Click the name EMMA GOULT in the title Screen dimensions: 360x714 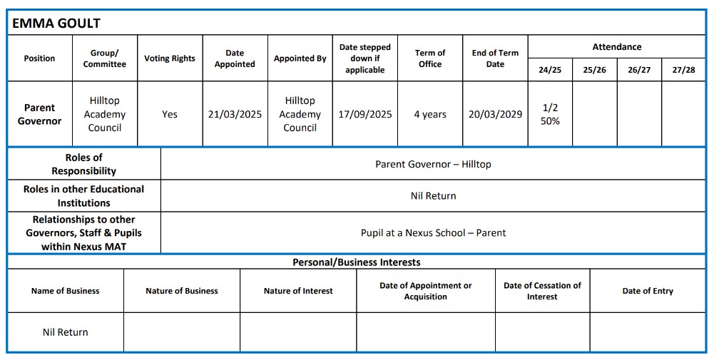[x=56, y=23]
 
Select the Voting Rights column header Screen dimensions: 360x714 [x=170, y=58]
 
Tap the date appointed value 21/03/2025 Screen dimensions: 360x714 [x=235, y=114]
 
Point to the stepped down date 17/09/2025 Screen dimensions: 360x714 [x=364, y=114]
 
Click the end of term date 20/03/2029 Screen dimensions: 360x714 [x=495, y=114]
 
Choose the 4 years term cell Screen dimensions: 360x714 [x=430, y=114]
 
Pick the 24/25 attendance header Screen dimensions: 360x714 [x=550, y=70]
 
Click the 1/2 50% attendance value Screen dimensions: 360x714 [x=550, y=114]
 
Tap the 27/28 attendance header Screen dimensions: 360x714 [x=683, y=70]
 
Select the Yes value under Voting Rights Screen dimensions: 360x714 [x=170, y=114]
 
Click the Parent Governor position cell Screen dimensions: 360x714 [x=39, y=114]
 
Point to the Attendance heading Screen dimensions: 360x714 [x=617, y=47]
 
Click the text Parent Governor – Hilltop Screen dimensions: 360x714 [x=433, y=164]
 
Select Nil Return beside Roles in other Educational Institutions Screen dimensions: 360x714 [x=433, y=195]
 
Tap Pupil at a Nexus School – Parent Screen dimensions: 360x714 [x=433, y=232]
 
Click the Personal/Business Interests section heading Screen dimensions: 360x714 [x=357, y=262]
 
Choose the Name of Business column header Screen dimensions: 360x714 [x=65, y=291]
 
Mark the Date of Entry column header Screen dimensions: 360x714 [x=648, y=291]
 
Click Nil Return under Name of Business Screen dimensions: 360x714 [x=65, y=332]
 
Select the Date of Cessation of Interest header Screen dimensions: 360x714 [x=542, y=291]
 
